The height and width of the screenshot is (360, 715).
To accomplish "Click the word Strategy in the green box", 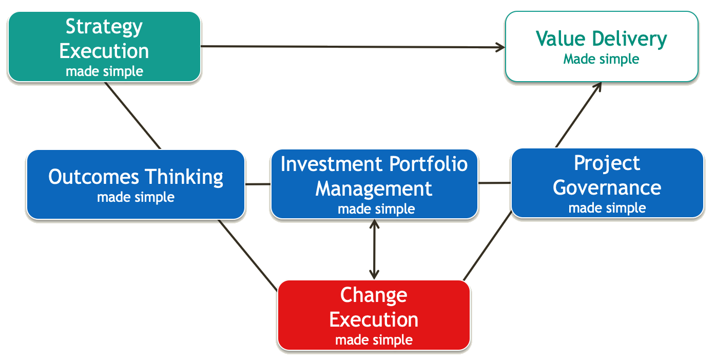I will click(104, 27).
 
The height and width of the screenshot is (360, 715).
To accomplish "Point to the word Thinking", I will click(183, 177).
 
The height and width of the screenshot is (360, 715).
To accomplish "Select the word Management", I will click(374, 188).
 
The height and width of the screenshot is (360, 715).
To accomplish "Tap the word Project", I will click(607, 163).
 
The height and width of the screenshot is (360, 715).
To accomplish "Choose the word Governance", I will click(607, 187).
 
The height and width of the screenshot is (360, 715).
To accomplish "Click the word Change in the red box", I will click(374, 295).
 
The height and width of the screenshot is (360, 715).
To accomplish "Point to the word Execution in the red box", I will click(374, 319).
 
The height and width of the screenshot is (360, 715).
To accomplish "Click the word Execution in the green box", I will click(104, 51).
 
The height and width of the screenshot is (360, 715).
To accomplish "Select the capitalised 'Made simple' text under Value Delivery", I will click(601, 59).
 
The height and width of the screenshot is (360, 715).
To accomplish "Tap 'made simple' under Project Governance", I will click(607, 208).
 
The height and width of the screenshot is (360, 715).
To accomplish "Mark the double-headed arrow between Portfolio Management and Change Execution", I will click(375, 250).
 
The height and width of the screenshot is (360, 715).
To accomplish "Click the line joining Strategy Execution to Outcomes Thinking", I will click(133, 116).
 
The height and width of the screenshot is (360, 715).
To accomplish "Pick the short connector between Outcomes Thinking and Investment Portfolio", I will click(258, 183).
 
